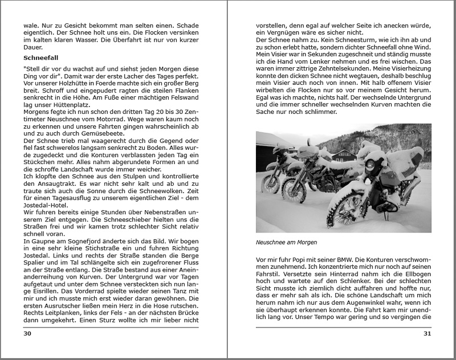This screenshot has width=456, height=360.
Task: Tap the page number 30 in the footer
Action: tap(27, 334)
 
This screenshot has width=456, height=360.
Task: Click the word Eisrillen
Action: tap(40, 288)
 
